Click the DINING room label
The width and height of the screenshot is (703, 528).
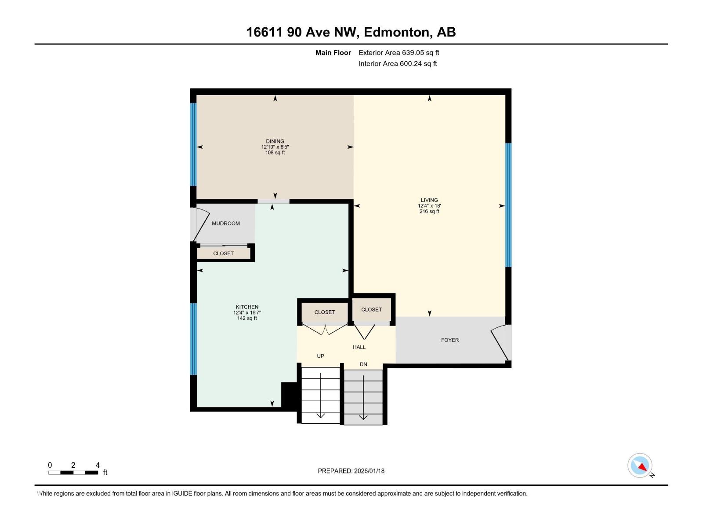275,141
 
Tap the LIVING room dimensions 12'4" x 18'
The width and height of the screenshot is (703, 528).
429,205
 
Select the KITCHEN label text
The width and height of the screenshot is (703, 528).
247,307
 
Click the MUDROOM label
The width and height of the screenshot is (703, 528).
226,224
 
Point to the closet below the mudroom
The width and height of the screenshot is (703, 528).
223,253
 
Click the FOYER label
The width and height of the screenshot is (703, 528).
450,340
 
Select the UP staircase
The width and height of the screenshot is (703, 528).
321,395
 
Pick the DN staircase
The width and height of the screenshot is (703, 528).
363,397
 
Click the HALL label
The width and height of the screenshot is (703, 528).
359,347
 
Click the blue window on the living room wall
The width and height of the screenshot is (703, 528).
508,205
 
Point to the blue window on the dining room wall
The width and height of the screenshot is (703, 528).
193,144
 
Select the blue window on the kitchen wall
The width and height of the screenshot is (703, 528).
193,339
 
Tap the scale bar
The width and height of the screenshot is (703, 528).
73,473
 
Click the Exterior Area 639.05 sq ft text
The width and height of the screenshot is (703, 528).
399,53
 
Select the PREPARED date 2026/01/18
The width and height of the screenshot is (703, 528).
351,471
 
